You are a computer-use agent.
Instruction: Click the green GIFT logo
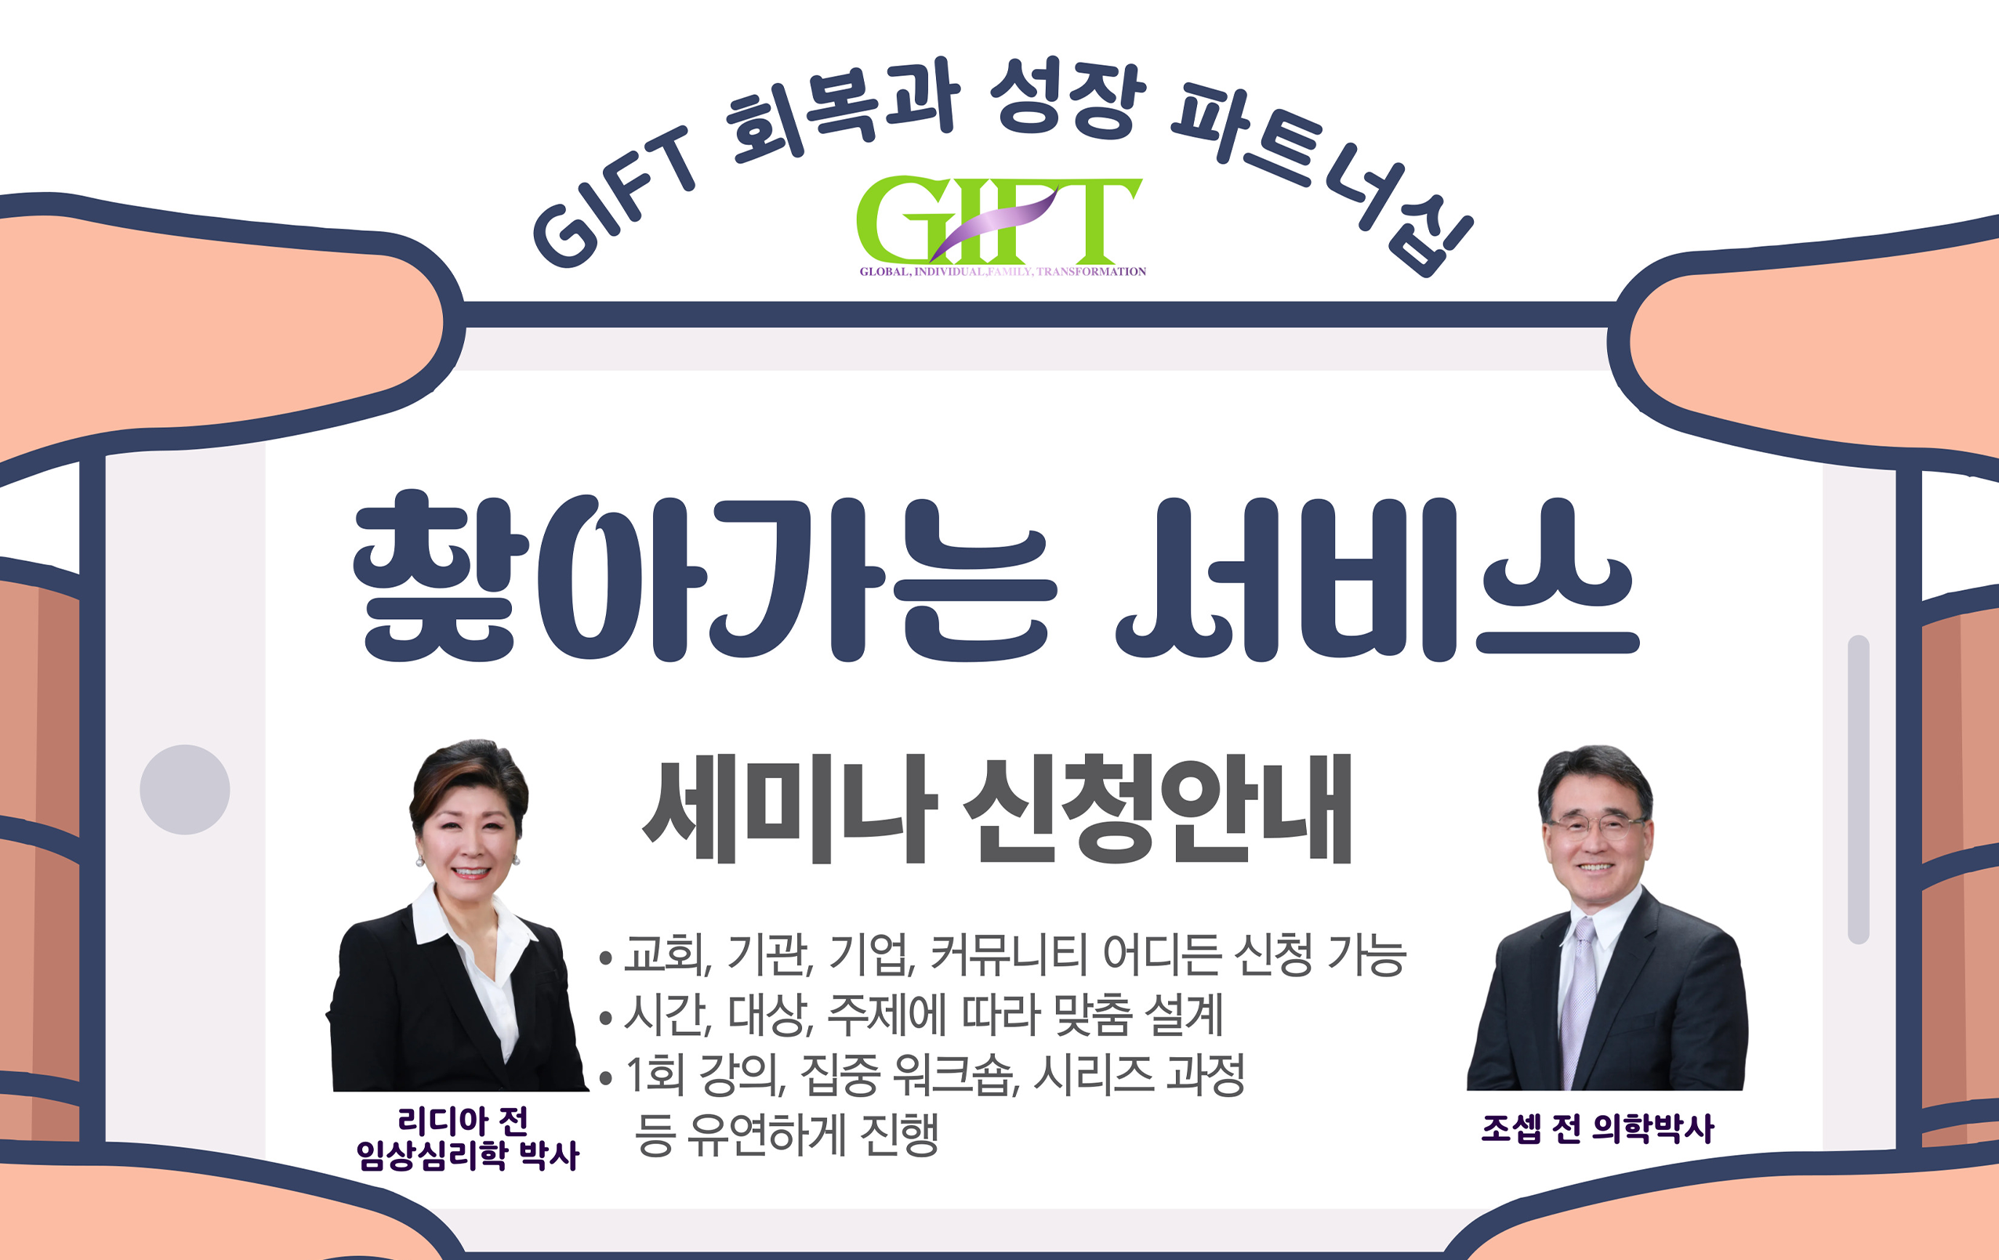[999, 219]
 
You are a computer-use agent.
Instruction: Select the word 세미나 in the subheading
[789, 809]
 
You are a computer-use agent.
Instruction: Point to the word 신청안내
[1158, 809]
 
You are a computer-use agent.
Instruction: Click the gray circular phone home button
[184, 789]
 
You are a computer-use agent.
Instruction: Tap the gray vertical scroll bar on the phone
[1859, 788]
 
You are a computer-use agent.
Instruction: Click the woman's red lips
[470, 872]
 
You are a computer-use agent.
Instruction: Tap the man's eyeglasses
[1593, 826]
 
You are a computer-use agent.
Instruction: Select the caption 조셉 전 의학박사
[1597, 1129]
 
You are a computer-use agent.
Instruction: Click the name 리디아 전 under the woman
[463, 1121]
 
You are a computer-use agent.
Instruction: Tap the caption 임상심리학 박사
[466, 1156]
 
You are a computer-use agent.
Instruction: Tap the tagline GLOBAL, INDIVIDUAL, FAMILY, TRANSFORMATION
[1002, 271]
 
